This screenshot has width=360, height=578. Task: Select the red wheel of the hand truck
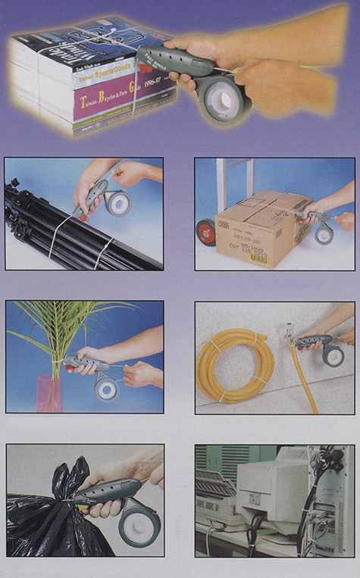tap(206, 232)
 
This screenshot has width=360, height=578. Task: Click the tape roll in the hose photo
tap(333, 355)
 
